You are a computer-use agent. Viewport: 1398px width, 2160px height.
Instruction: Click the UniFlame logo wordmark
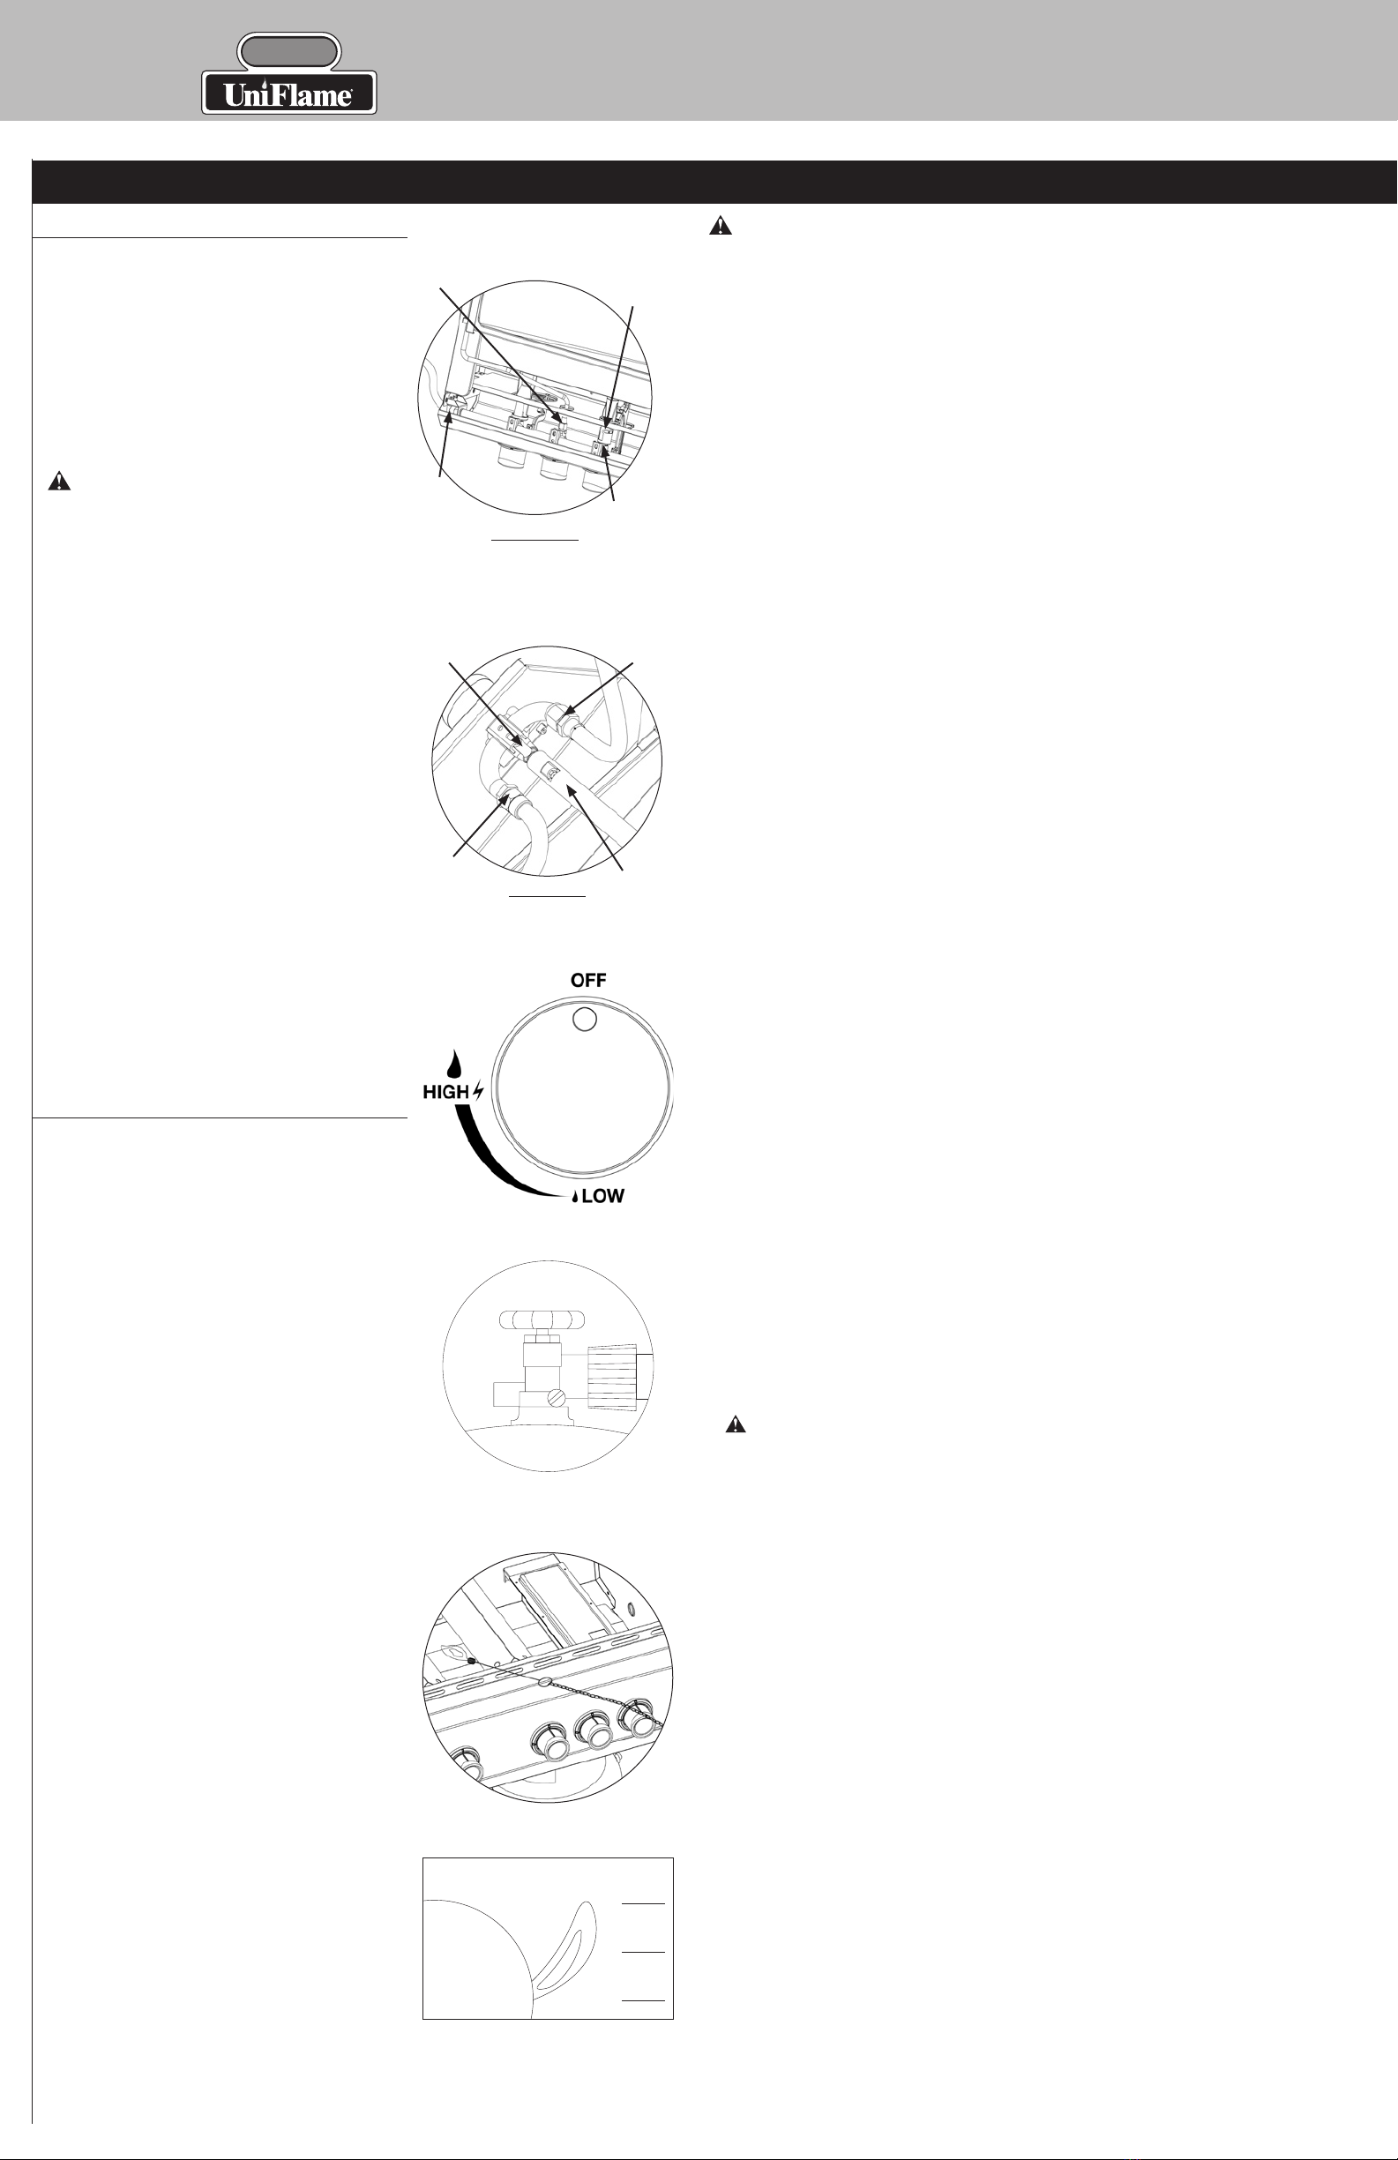(288, 93)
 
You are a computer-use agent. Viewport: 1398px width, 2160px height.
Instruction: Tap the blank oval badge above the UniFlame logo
(288, 52)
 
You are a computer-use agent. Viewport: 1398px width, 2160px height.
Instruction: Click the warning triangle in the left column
(59, 481)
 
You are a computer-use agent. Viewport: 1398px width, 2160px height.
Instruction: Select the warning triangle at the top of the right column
(720, 226)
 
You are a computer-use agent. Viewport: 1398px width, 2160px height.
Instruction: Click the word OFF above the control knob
(588, 980)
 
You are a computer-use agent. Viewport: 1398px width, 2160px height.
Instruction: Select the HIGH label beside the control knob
(445, 1092)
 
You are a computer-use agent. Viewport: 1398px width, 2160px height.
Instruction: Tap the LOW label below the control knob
(602, 1196)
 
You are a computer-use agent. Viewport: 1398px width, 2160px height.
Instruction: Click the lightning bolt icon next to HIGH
(478, 1092)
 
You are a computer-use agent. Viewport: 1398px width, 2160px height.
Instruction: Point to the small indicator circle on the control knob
(586, 1020)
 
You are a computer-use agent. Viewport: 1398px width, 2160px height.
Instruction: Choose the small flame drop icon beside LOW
(574, 1197)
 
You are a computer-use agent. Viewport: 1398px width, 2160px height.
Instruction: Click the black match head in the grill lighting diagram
(471, 1660)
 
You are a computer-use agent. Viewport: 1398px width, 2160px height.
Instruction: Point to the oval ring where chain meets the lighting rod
(544, 1682)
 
